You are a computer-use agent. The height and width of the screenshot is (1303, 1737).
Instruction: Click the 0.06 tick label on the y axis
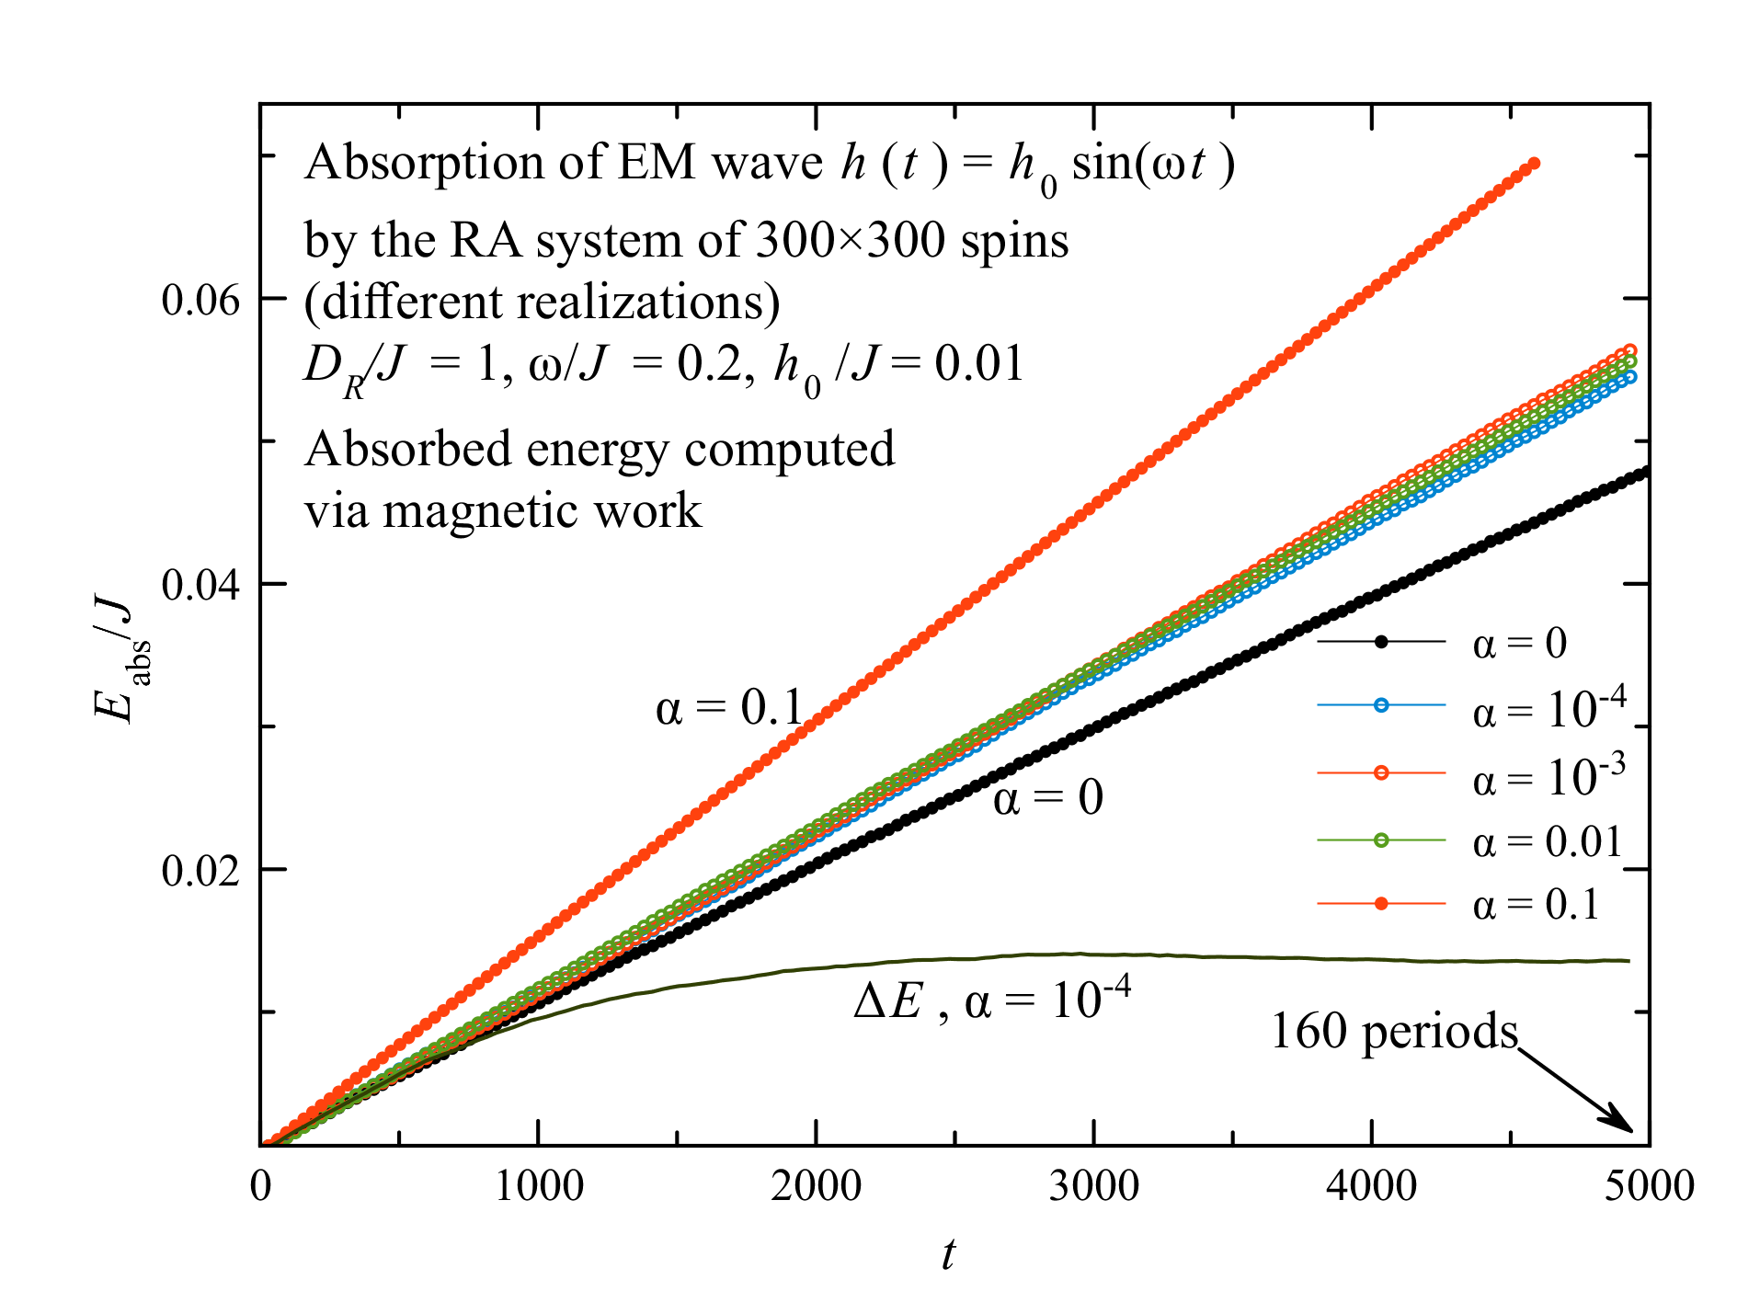point(200,299)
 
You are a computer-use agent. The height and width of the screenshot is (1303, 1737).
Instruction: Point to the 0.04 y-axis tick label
point(200,584)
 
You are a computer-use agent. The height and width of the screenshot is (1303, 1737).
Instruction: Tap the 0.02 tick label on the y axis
point(200,870)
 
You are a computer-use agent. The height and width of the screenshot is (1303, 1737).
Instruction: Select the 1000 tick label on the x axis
point(539,1186)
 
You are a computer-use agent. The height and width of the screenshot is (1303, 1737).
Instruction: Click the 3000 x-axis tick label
point(1093,1186)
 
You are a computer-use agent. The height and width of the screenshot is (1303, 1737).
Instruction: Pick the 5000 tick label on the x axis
point(1649,1186)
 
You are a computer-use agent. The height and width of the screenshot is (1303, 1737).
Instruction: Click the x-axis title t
point(948,1252)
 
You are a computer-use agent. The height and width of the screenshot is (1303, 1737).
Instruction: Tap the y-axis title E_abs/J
point(118,657)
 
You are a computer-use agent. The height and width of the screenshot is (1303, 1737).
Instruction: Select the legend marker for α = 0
point(1380,641)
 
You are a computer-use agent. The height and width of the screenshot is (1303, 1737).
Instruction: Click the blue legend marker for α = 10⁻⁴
point(1380,705)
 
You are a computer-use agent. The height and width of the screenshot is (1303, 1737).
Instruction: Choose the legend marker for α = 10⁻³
point(1380,772)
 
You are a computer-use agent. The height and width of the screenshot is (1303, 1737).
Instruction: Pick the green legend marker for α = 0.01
point(1380,840)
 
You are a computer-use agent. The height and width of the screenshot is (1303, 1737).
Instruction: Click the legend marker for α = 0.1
point(1380,904)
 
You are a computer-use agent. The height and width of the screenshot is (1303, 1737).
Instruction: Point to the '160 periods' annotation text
point(1393,1032)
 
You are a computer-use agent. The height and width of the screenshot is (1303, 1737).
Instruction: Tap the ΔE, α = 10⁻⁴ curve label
point(991,1000)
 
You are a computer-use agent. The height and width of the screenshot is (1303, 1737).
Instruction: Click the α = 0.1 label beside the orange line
point(729,708)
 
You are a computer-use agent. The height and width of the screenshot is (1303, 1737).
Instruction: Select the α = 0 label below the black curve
point(1047,797)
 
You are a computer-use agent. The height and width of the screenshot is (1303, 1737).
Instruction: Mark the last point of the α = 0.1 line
point(1534,164)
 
